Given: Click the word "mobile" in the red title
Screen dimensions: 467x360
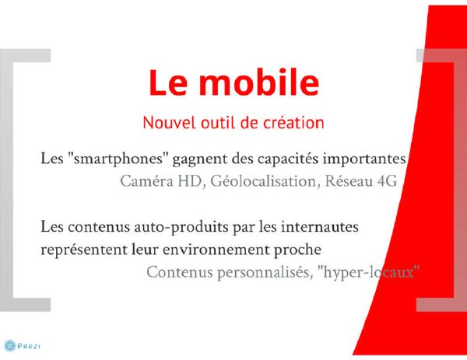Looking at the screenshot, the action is pos(259,82).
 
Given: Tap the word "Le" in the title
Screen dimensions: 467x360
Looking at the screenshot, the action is pos(168,83).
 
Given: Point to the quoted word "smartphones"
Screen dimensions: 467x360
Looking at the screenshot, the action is pos(118,159).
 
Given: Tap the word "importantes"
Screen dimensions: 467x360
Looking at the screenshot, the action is pos(364,159).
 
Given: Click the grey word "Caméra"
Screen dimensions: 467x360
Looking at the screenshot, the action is pos(146,181).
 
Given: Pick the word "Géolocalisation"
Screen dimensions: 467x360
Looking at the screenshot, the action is pos(263,181).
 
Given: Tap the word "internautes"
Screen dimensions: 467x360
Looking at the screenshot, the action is pos(320,227).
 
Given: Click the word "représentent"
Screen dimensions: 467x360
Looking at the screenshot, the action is pos(84,250).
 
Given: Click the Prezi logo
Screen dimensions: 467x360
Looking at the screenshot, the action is pos(23,346).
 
